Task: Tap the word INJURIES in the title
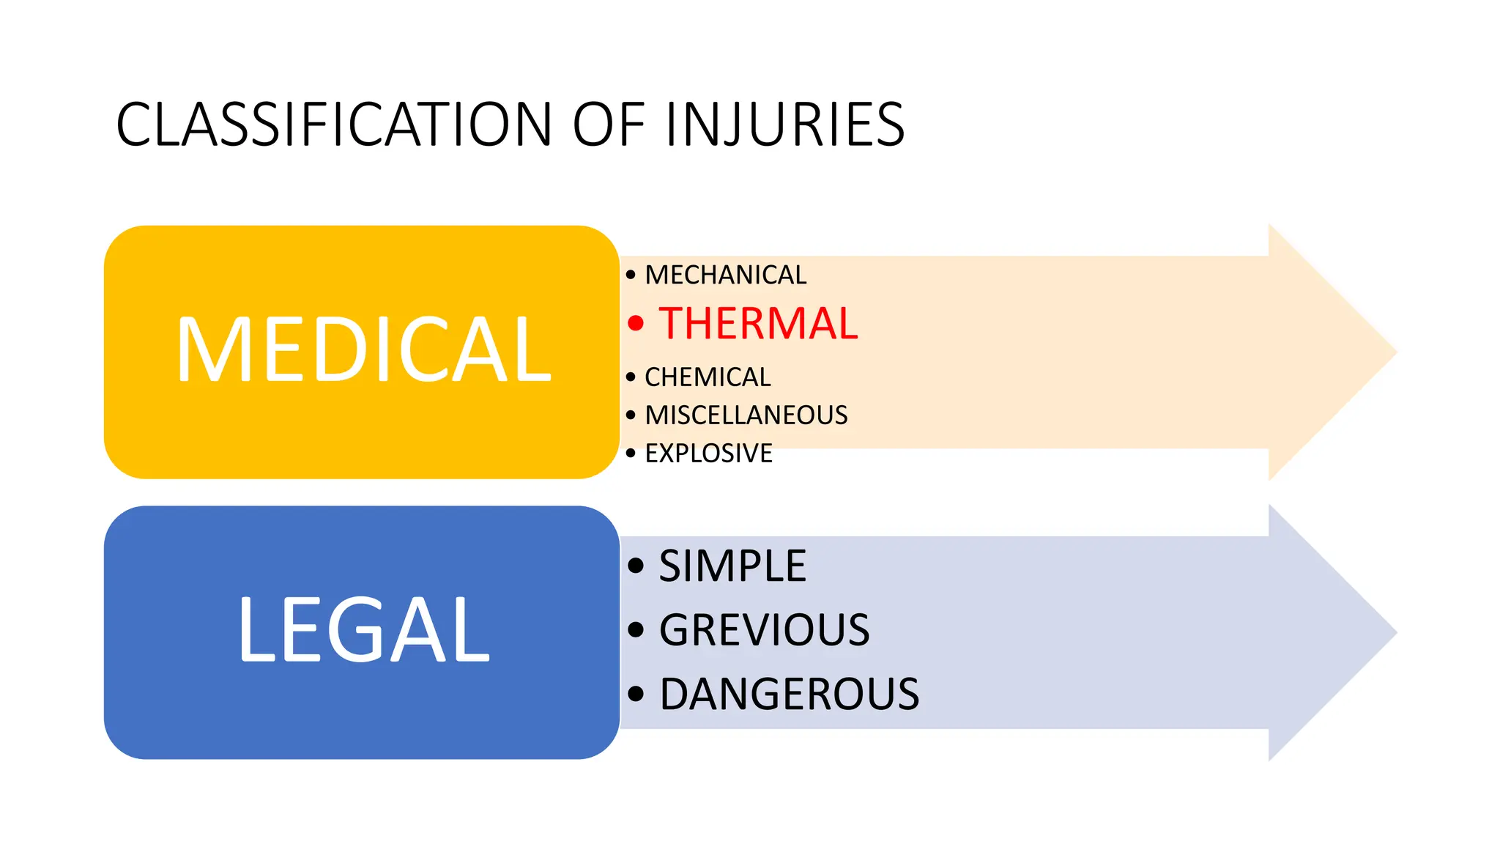[785, 125]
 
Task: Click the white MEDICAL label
[363, 350]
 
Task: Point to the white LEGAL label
[363, 630]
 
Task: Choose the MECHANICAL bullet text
[725, 275]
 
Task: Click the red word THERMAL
[758, 324]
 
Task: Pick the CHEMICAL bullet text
[708, 377]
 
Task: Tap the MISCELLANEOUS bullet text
[746, 415]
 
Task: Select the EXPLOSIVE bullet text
[708, 454]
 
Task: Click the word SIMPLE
[732, 566]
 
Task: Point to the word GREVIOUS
[764, 630]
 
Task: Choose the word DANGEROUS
[789, 695]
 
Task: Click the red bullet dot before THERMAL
[636, 323]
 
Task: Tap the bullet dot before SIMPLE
[636, 566]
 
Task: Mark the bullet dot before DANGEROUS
[636, 694]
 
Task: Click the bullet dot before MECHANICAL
[631, 275]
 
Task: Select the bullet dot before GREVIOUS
[636, 629]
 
